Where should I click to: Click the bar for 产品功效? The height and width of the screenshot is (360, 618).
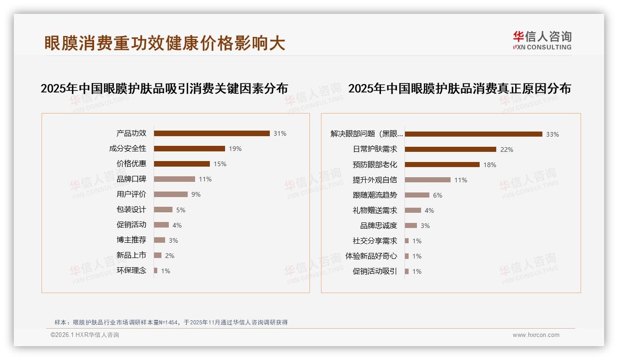tap(212, 133)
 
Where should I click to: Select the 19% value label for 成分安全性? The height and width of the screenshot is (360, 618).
tap(235, 149)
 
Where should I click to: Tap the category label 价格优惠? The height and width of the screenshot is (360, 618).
tap(131, 163)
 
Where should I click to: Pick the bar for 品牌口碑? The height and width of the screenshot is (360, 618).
tap(174, 179)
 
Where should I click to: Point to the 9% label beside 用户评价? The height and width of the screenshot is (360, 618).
tap(196, 194)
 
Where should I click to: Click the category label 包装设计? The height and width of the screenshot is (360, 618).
tap(131, 210)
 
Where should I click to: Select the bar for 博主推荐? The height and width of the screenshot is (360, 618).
tap(160, 240)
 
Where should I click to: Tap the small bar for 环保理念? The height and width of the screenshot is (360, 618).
tap(156, 270)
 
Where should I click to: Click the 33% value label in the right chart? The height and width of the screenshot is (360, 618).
tap(553, 134)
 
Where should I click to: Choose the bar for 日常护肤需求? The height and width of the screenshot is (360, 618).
tap(451, 149)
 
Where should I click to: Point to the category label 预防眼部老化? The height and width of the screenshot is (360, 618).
tap(374, 164)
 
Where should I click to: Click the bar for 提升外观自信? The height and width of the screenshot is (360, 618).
tap(428, 180)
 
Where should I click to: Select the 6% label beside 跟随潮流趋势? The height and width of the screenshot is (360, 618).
tap(438, 195)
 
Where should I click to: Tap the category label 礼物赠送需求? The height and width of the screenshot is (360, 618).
tap(374, 210)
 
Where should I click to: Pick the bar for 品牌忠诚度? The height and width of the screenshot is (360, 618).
tap(411, 225)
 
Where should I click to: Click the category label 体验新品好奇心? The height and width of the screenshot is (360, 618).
tap(371, 256)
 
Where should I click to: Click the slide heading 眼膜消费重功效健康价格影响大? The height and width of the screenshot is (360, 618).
tap(165, 43)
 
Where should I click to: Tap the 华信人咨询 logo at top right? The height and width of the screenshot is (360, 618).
tap(542, 40)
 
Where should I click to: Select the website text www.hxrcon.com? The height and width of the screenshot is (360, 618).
tap(536, 335)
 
